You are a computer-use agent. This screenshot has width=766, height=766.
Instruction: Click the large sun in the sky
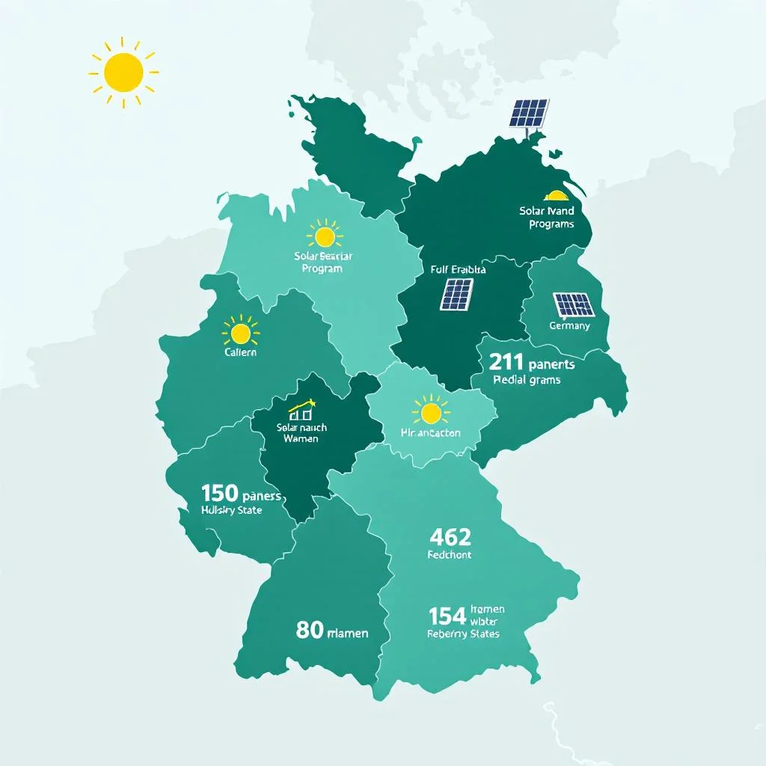[x=123, y=72]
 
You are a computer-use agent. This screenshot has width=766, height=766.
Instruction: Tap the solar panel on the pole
[x=529, y=113]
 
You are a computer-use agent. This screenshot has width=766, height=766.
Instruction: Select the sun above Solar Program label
[x=325, y=237]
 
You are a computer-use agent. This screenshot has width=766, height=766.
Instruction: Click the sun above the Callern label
[x=241, y=332]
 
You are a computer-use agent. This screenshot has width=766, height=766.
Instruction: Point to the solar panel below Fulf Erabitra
[x=456, y=294]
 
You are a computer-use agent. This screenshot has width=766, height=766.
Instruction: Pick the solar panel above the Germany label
[x=574, y=304]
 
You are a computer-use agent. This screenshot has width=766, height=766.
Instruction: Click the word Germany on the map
[x=569, y=326]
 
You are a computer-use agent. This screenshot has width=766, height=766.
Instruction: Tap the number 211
[x=506, y=363]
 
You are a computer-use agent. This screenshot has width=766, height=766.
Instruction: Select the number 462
[x=451, y=536]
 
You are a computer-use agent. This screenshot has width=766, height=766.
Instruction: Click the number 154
[x=447, y=616]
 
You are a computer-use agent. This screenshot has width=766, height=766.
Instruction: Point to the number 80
[x=309, y=630]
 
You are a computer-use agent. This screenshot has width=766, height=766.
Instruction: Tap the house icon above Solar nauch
[x=302, y=410]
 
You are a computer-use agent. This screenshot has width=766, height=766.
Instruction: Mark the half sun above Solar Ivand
[x=557, y=197]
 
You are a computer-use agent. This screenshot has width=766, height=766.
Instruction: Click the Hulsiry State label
[x=232, y=510]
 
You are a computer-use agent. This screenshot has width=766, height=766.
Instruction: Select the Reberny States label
[x=463, y=634]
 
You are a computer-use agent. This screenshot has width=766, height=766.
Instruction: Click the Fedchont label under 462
[x=450, y=556]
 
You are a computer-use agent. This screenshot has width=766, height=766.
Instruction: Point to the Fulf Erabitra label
[x=459, y=269]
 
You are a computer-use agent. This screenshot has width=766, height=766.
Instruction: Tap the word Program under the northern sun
[x=322, y=269]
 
